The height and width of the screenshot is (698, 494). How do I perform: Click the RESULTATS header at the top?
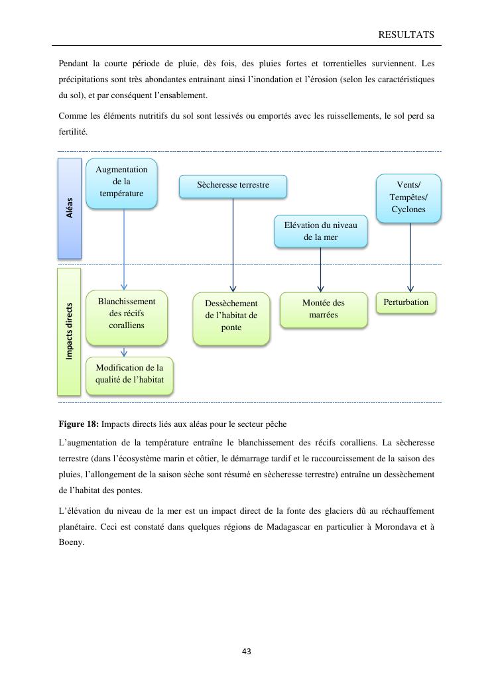tap(406, 34)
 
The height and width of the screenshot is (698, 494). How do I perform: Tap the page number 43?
tap(247, 652)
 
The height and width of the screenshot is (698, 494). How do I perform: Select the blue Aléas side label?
tap(70, 207)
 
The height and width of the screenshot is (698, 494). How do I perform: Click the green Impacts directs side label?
tap(69, 331)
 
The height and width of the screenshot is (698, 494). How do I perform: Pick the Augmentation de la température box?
tap(121, 182)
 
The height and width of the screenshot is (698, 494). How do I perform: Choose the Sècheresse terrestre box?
tap(233, 186)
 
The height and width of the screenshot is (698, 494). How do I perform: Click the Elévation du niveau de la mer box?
tap(320, 231)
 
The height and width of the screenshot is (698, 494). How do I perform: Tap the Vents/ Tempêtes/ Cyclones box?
tap(408, 198)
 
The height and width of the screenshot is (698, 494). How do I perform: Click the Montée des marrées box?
tap(323, 309)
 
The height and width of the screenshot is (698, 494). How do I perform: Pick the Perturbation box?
tap(406, 303)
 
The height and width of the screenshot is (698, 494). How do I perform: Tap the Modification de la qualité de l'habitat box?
tap(129, 375)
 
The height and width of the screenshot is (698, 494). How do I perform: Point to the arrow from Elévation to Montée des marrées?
tap(320, 270)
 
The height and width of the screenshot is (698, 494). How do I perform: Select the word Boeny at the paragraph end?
tap(71, 542)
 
